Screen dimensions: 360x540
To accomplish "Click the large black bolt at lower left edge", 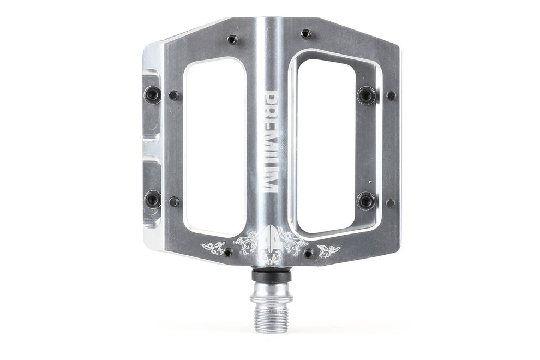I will pos(153,199).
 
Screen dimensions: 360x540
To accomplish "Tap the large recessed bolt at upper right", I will pos(366,95).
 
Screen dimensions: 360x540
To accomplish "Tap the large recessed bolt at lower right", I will pos(366,200).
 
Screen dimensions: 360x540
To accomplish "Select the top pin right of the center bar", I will pos(306,34).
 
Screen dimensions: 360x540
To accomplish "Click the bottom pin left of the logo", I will pos(228,253).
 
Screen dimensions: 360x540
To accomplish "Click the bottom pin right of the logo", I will pos(309,253).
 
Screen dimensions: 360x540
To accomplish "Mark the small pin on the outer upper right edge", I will pos(391,95).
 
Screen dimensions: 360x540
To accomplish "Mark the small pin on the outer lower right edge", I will pos(391,203).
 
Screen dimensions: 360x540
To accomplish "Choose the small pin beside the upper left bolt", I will pos(174,95).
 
